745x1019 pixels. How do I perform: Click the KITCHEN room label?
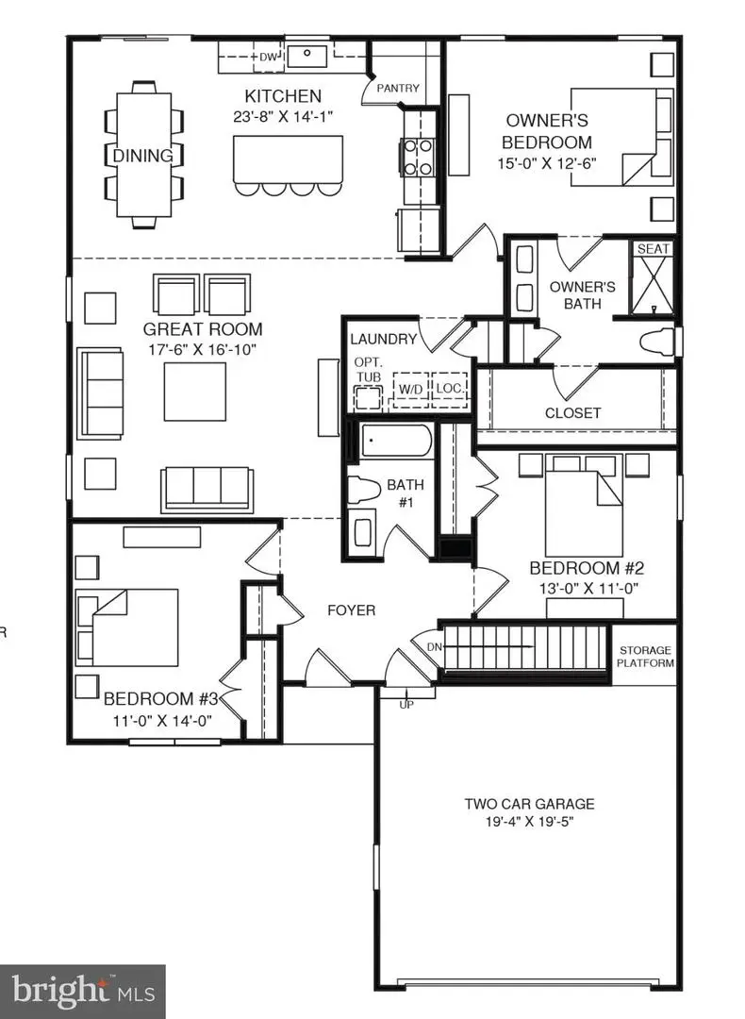point(283,95)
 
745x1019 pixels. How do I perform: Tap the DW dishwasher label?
point(269,58)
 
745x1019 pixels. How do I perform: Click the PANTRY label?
point(397,89)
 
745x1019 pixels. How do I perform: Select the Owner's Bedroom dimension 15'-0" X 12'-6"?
point(550,162)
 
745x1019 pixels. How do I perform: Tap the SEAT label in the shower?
point(654,249)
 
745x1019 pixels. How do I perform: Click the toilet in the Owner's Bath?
point(657,342)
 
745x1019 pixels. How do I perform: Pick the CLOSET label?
point(572,412)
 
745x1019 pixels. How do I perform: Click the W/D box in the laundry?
point(410,389)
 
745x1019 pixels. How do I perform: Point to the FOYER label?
point(351,610)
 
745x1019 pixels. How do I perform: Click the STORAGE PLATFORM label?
point(646,657)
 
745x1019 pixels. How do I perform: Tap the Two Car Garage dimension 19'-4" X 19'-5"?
point(529,821)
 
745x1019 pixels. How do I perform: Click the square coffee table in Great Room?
point(195,392)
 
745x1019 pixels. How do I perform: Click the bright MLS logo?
point(83,992)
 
